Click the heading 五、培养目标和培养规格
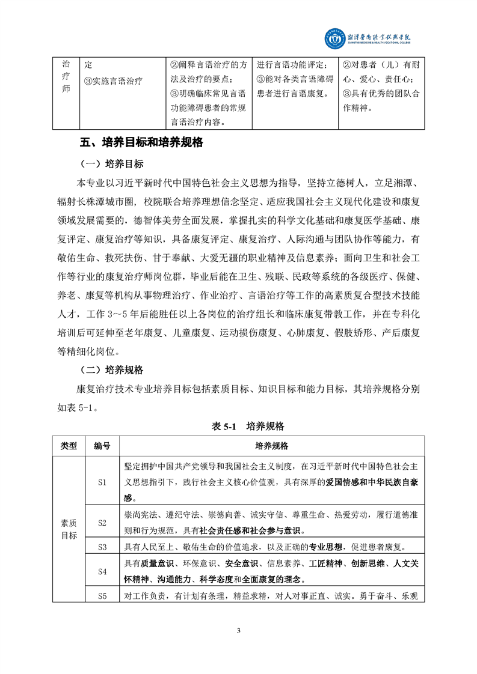tap(142, 144)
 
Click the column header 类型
tap(69, 446)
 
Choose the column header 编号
tap(102, 446)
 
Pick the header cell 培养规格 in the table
tap(272, 446)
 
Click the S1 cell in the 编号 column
tap(102, 481)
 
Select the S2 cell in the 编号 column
tap(102, 523)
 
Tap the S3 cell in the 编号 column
tap(102, 547)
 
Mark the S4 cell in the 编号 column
tap(102, 572)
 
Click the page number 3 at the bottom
tap(239, 630)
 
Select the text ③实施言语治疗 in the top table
tap(113, 80)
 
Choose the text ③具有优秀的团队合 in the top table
tap(381, 94)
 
